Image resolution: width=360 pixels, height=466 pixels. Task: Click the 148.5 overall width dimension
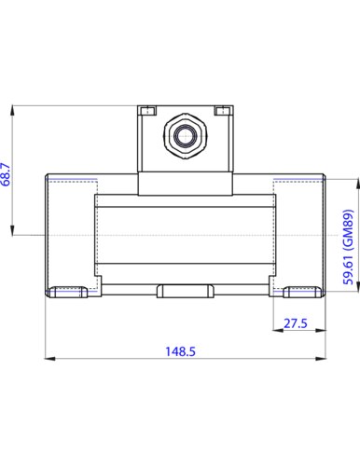[180, 351]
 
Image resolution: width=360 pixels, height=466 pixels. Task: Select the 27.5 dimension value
[296, 323]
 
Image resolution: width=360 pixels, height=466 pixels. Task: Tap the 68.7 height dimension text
[6, 174]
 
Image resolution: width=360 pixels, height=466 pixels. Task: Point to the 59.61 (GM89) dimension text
[348, 247]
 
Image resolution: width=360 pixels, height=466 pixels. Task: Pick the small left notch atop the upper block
[147, 111]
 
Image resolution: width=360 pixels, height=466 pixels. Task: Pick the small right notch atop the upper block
[223, 111]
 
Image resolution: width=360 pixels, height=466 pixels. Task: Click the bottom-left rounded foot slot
[69, 292]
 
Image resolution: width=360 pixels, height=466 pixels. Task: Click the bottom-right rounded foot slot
[302, 292]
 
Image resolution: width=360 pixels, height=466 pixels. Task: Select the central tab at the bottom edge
[186, 291]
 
